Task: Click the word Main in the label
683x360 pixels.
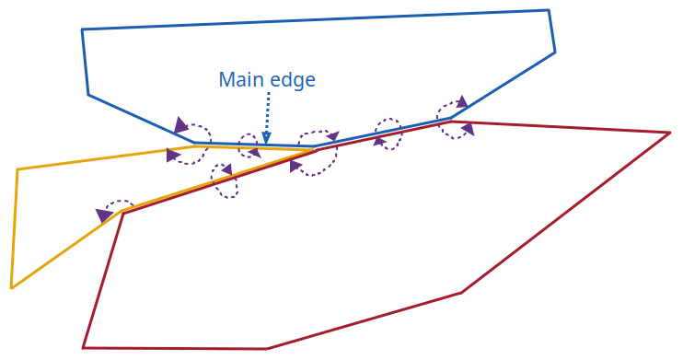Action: pos(239,80)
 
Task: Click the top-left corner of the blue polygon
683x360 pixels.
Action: pos(82,29)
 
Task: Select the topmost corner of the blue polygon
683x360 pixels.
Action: pos(549,10)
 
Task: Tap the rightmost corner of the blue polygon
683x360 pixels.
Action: pos(555,52)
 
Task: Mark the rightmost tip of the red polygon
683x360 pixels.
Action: pos(670,133)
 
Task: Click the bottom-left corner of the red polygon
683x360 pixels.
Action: pos(83,348)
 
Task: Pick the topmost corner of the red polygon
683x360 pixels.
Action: pos(452,122)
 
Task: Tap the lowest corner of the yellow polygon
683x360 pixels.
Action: pos(11,288)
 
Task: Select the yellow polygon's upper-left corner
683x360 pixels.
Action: pos(17,169)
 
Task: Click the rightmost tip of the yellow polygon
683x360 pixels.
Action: pos(318,149)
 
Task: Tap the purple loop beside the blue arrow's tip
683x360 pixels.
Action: pos(249,145)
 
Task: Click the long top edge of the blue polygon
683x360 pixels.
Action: pos(313,20)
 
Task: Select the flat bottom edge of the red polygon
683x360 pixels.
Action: pos(175,348)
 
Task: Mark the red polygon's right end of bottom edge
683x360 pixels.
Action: pos(267,349)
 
